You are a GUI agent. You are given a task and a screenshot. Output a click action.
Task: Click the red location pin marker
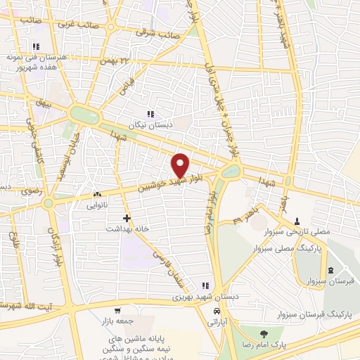(180, 165)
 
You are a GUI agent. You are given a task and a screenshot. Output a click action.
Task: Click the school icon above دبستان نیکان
(150, 114)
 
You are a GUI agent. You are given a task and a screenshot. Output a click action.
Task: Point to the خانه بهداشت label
(124, 229)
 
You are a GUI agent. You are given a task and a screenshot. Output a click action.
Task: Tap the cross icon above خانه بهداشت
(127, 218)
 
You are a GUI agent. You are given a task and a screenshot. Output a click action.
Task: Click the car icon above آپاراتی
(217, 310)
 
